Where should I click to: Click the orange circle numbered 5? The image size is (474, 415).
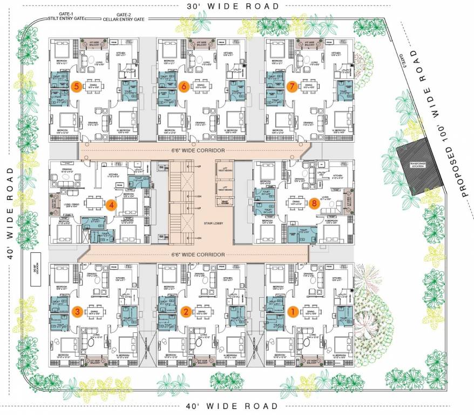[x=77, y=86]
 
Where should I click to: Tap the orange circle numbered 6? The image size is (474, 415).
[x=184, y=86]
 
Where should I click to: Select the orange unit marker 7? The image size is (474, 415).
[x=293, y=86]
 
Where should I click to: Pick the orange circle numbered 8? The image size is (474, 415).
[x=315, y=204]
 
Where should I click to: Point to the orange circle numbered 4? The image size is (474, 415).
[x=110, y=205]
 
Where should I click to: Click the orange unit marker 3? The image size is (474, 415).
[x=78, y=312]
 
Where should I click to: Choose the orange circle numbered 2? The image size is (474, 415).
[x=185, y=312]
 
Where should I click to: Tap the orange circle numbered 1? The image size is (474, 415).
[x=293, y=312]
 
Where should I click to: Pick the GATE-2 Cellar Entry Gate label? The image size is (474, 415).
[x=124, y=17]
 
